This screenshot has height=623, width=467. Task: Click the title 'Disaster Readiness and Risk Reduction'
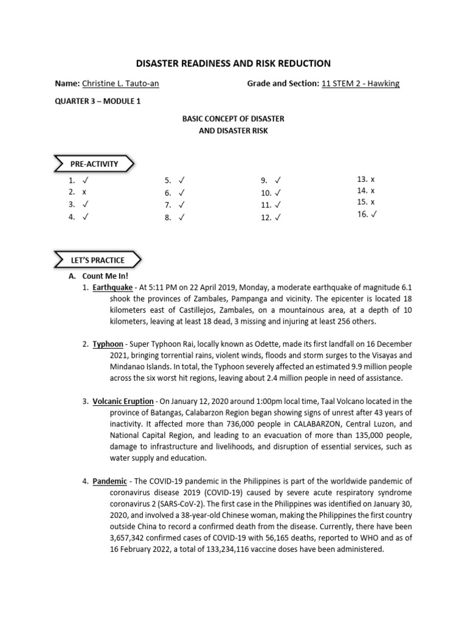tap(233, 63)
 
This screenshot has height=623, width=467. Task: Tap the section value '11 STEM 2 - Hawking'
tap(360, 83)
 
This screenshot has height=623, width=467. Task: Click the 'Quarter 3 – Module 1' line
tap(98, 101)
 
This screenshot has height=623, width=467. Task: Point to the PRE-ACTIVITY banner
tap(94, 164)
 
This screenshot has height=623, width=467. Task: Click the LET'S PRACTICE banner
tap(97, 260)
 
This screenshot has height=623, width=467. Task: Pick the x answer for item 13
tap(373, 179)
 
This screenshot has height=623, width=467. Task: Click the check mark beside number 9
tap(278, 181)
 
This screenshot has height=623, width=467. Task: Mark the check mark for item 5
tap(181, 181)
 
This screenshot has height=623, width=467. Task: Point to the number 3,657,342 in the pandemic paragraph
tap(131, 538)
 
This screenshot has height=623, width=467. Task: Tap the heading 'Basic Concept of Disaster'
tap(233, 118)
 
